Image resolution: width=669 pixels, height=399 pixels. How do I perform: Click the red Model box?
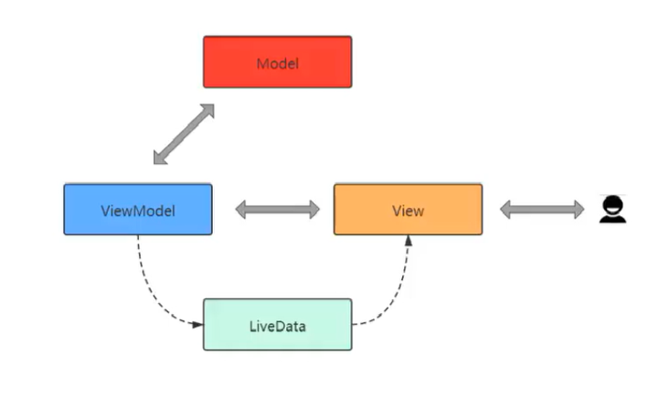tap(277, 62)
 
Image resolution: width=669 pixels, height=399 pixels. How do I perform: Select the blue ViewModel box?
tap(137, 210)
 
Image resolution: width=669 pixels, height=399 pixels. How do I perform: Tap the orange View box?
tap(408, 210)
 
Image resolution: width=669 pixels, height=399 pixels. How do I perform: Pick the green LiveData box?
tap(277, 324)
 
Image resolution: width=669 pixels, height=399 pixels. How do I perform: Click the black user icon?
tap(612, 210)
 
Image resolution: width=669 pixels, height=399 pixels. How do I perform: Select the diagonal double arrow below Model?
tap(184, 135)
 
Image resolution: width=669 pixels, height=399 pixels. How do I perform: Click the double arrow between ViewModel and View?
tap(278, 210)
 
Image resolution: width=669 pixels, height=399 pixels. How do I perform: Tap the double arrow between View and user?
tap(542, 210)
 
